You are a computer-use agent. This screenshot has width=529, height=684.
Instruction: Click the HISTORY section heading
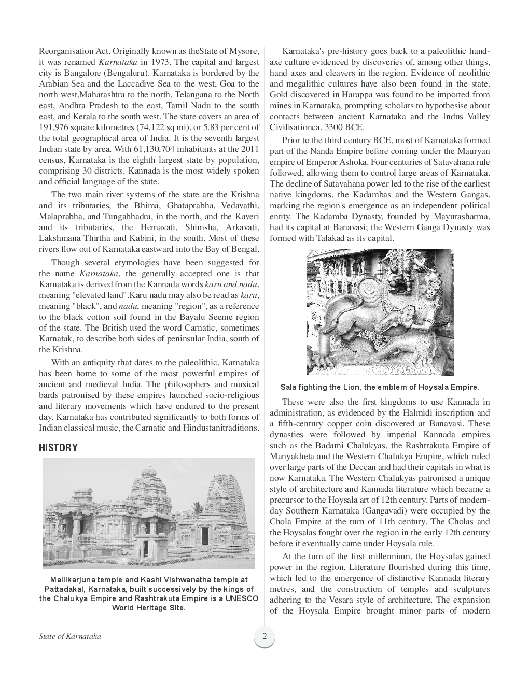58,448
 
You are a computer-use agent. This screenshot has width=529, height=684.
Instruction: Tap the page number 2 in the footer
264,636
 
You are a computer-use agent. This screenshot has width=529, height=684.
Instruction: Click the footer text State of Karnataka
69,636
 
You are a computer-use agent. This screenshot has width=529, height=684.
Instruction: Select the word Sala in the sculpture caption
288,387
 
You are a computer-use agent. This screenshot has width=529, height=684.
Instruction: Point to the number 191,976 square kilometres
55,127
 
